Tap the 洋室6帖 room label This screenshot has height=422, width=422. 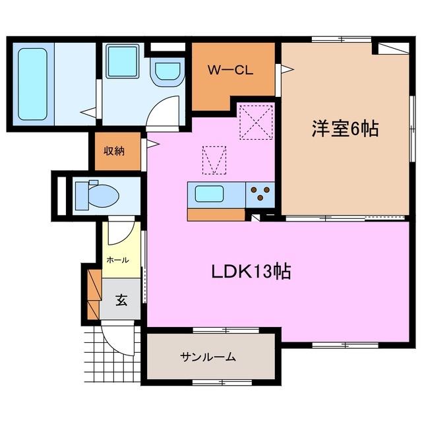(x=345, y=128)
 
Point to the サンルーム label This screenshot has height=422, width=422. (x=208, y=357)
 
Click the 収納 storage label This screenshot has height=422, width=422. (x=113, y=150)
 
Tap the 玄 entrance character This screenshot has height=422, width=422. (x=122, y=300)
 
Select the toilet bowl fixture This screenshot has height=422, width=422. (x=96, y=196)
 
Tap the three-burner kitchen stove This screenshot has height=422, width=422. (x=260, y=193)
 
